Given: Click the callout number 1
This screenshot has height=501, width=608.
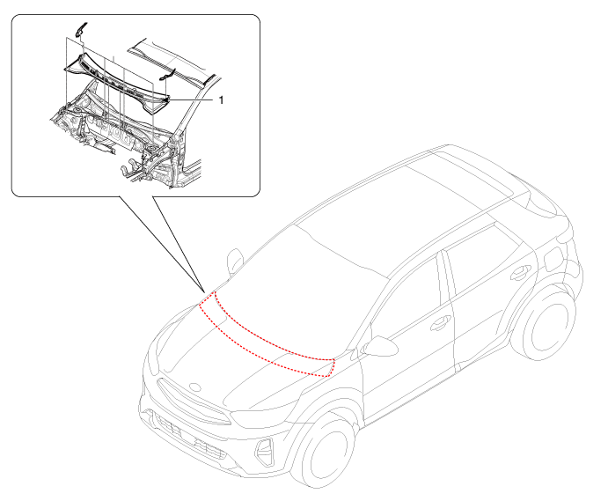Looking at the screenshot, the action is tap(221, 100).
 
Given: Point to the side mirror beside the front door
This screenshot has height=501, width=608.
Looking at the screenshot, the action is tap(381, 344).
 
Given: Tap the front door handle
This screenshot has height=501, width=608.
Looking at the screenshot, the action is tap(436, 325).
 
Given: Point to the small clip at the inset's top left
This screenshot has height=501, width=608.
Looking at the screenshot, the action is tap(77, 30).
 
